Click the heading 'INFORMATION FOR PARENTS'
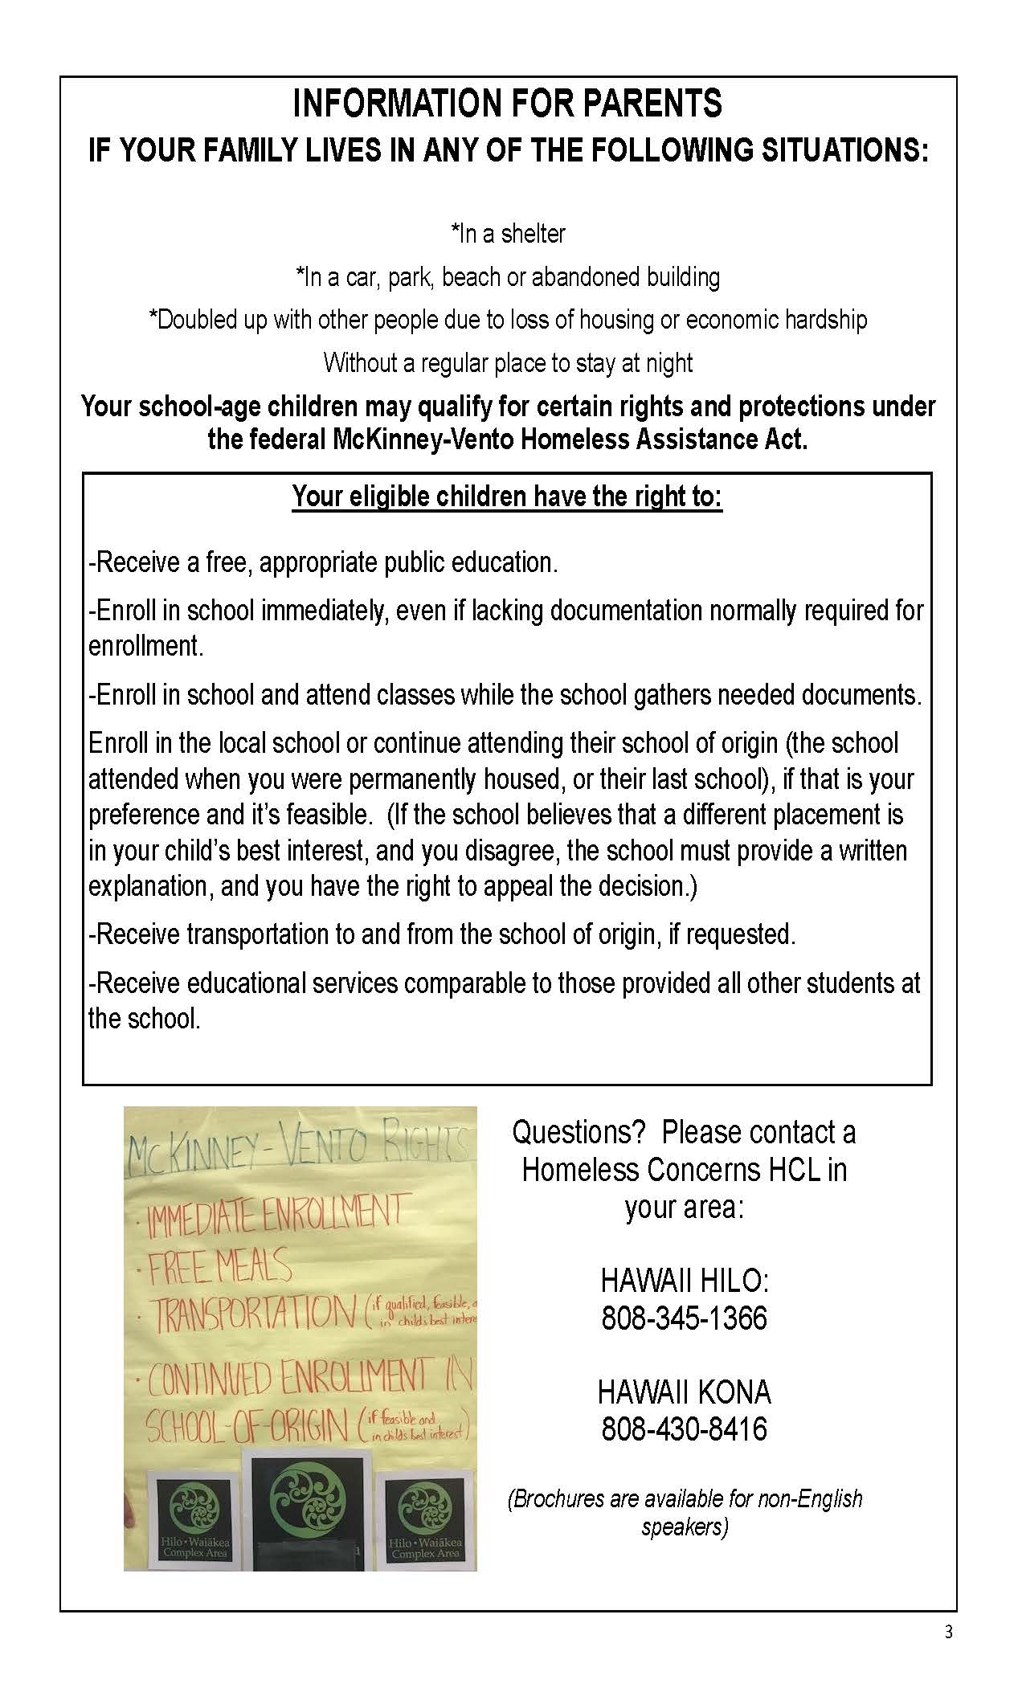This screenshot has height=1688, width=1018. pyautogui.click(x=508, y=104)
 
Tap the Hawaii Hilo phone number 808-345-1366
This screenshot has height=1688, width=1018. pyautogui.click(x=684, y=1318)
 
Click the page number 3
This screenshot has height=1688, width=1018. pyautogui.click(x=948, y=1633)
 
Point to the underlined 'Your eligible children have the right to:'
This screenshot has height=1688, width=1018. pyautogui.click(x=507, y=497)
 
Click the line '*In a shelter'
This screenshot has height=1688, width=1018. pyautogui.click(x=508, y=234)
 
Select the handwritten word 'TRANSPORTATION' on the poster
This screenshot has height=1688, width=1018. pyautogui.click(x=255, y=1314)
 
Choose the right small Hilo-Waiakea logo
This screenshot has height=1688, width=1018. pyautogui.click(x=424, y=1518)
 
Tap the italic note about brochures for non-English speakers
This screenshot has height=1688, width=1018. pyautogui.click(x=684, y=1513)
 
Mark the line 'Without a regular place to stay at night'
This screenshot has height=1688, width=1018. pyautogui.click(x=508, y=363)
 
